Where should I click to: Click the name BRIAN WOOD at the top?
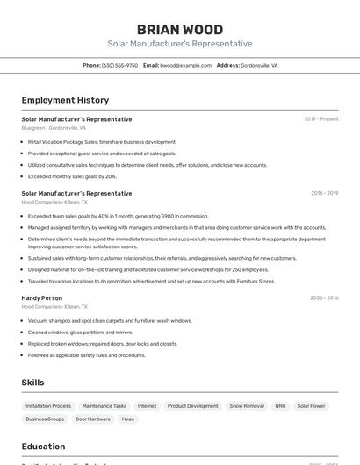(179, 29)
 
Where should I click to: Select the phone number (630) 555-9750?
(119, 65)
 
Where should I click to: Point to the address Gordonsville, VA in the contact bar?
(259, 65)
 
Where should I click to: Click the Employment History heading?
(65, 100)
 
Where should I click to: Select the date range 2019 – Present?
(320, 119)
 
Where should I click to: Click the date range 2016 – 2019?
(324, 193)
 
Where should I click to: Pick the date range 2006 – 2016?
(324, 298)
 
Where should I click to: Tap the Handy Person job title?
(42, 298)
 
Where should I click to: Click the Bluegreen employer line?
(54, 128)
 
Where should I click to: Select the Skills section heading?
(32, 383)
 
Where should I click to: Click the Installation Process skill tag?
(48, 406)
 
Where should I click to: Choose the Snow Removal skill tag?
(247, 406)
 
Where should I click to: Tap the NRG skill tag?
(280, 406)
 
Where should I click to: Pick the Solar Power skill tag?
(311, 406)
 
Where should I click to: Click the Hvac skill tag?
(128, 419)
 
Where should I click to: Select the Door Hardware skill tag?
(93, 419)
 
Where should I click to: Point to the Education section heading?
(43, 447)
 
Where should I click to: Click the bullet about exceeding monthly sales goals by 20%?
(72, 175)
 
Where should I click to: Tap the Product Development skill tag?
(193, 406)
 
